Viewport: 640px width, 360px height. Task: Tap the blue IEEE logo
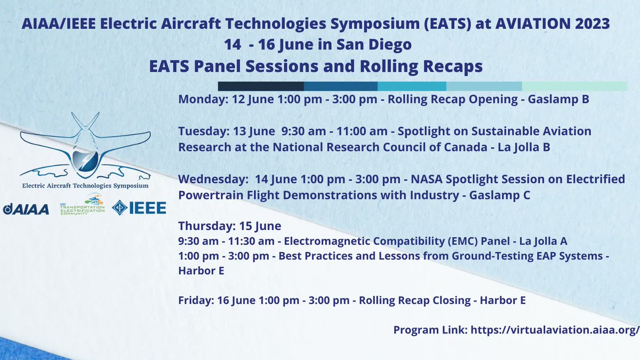(x=139, y=208)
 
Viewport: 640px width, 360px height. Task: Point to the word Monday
(x=196, y=100)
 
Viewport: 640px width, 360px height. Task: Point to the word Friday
(x=194, y=301)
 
